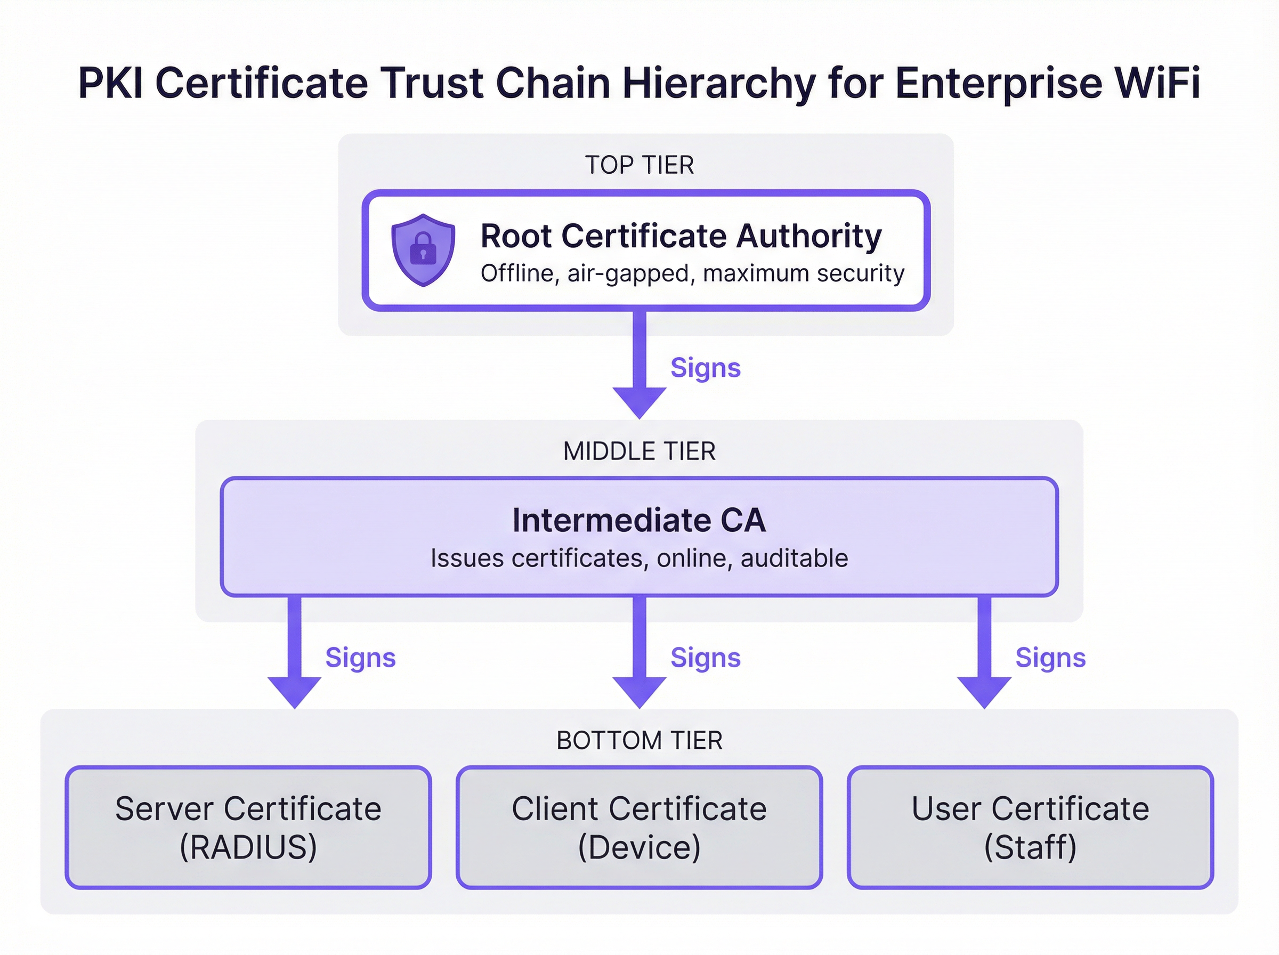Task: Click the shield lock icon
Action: coord(423,250)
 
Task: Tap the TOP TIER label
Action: coord(639,165)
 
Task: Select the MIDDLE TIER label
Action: coord(639,451)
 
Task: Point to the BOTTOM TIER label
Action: coord(639,741)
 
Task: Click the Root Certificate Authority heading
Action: coord(681,236)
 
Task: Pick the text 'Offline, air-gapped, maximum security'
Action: coord(692,273)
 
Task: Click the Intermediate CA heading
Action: coord(639,520)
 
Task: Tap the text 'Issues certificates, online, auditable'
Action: coord(639,559)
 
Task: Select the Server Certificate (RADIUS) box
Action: coord(248,827)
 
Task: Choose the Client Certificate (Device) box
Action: coord(639,827)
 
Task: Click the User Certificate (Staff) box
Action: coord(1030,827)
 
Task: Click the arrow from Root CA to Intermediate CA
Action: coord(639,364)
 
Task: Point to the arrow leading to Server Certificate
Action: coord(295,653)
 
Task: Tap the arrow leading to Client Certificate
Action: coord(639,653)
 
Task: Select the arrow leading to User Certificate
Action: coord(984,653)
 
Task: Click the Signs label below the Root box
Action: coord(705,368)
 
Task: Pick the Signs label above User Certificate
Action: coord(1050,658)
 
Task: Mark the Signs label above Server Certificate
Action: coord(360,658)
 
